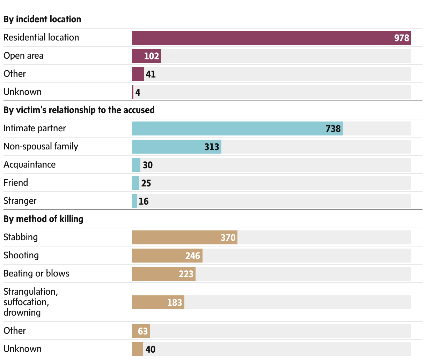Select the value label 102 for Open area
[x=152, y=56]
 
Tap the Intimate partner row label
[x=35, y=128]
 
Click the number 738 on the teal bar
[x=333, y=129]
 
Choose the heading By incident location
[x=42, y=19]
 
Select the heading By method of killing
[x=43, y=219]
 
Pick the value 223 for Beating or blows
[x=186, y=274]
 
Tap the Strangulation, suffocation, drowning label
[x=31, y=302]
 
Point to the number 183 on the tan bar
[x=175, y=303]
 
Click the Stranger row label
[x=20, y=201]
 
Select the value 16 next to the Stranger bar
[x=144, y=201]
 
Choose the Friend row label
[x=16, y=183]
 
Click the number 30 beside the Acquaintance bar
[x=148, y=165]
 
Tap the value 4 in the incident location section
[x=138, y=93]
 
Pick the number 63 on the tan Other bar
[x=143, y=331]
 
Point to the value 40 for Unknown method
[x=150, y=349]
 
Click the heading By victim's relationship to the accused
[x=79, y=110]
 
